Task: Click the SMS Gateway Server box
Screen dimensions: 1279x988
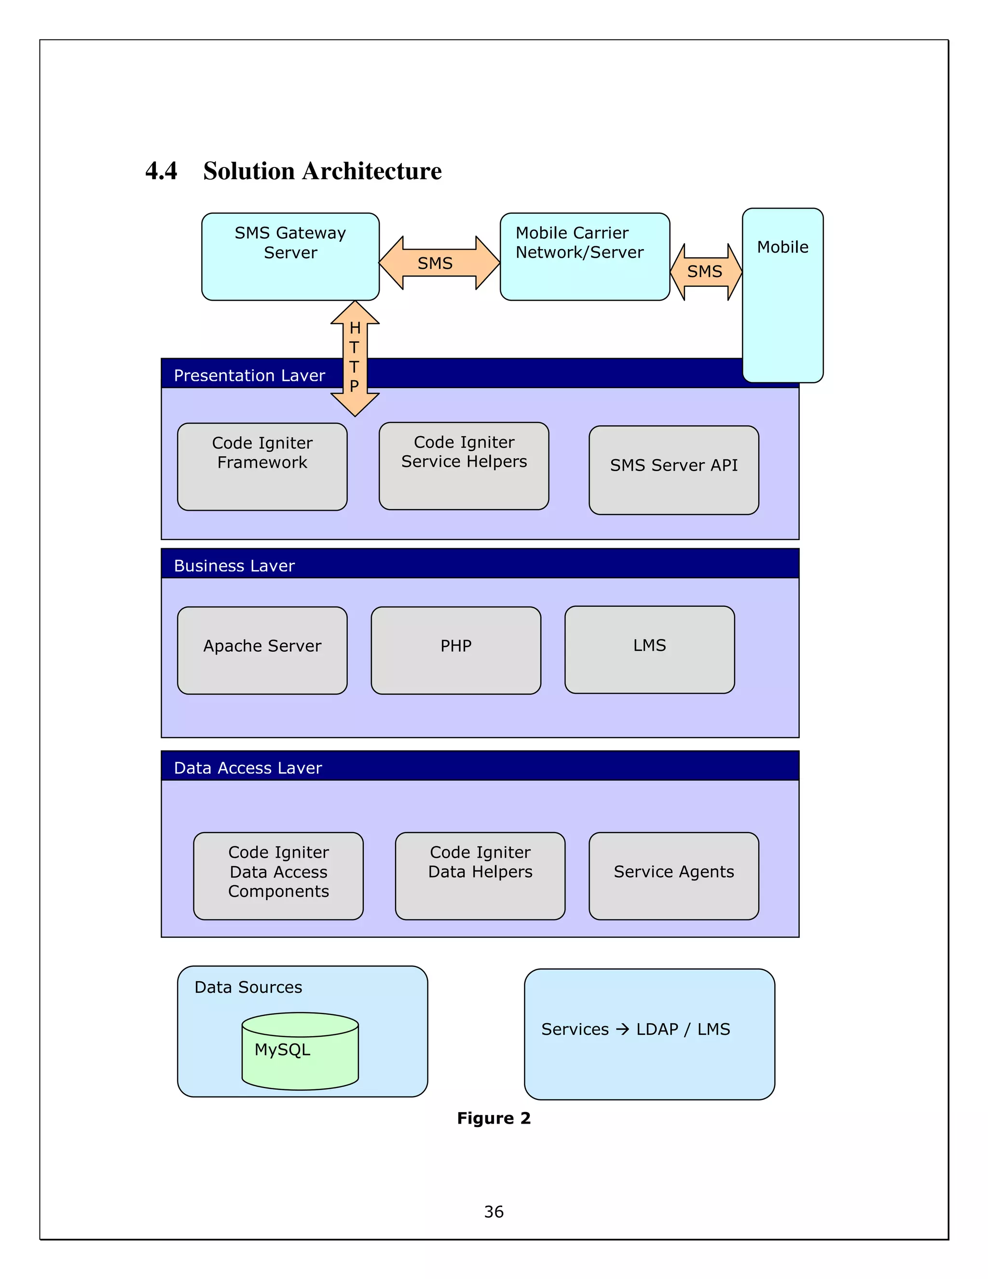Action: [290, 256]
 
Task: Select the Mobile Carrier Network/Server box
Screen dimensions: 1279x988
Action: [584, 256]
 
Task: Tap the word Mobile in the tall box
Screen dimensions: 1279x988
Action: [782, 247]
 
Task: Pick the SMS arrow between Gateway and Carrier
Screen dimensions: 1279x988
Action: [439, 263]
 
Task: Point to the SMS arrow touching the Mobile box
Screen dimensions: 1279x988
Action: [705, 272]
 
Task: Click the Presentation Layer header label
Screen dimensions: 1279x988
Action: [249, 375]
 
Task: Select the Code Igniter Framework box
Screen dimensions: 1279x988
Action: [262, 467]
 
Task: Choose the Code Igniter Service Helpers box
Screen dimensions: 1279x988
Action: [464, 466]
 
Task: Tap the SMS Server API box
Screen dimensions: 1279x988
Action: [673, 470]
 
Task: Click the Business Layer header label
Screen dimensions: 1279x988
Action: [234, 566]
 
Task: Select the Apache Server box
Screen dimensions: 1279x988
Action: [262, 650]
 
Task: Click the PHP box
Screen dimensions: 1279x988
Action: [455, 650]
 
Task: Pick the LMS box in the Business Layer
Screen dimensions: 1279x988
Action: [649, 650]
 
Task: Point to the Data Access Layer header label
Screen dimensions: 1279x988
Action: [247, 768]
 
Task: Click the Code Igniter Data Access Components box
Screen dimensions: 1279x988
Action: [278, 876]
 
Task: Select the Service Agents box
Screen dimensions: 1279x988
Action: [673, 876]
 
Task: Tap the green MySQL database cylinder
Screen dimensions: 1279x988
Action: [300, 1051]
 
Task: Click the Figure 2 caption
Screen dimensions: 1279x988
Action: [494, 1118]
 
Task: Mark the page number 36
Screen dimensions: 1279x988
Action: [494, 1211]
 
